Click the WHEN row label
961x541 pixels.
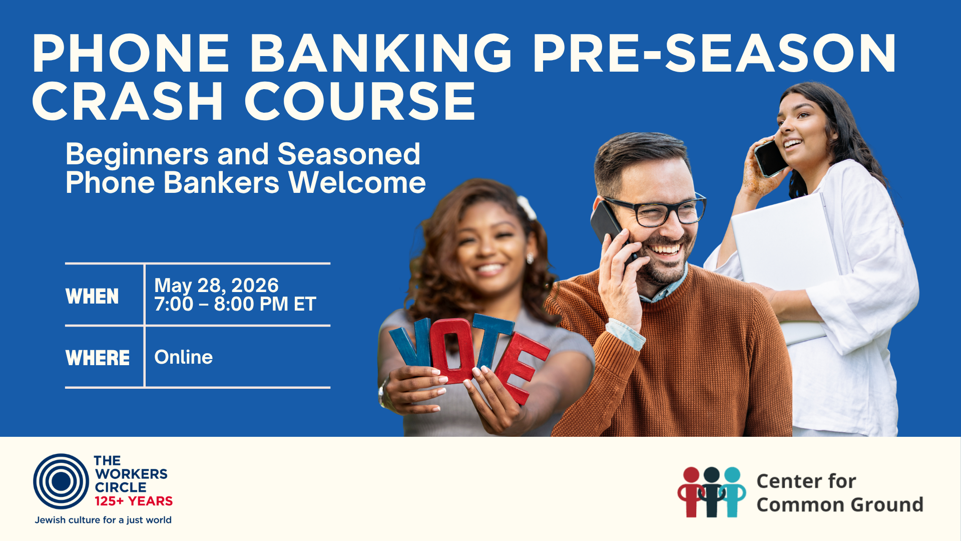point(92,296)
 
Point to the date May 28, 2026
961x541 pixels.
point(216,286)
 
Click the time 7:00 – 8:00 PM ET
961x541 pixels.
point(235,304)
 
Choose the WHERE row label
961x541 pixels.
point(98,358)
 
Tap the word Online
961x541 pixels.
point(184,357)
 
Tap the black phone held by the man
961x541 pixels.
point(612,231)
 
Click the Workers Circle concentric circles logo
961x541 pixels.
point(61,481)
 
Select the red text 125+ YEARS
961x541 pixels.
point(134,501)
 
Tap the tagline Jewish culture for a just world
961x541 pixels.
point(103,520)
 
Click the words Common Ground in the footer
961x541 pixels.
point(840,504)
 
